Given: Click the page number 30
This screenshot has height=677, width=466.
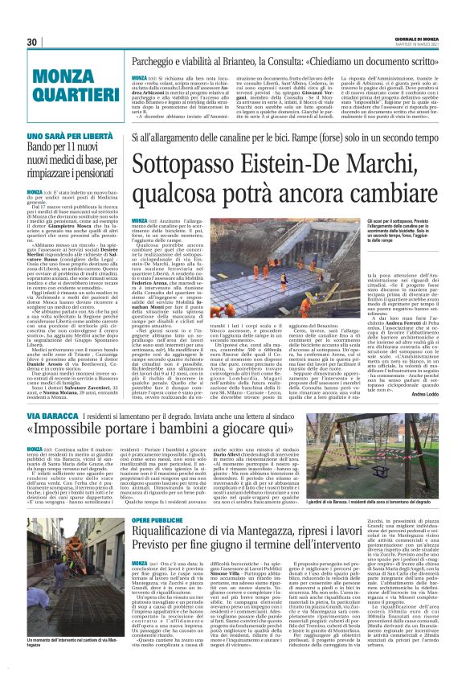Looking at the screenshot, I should point(33,42).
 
